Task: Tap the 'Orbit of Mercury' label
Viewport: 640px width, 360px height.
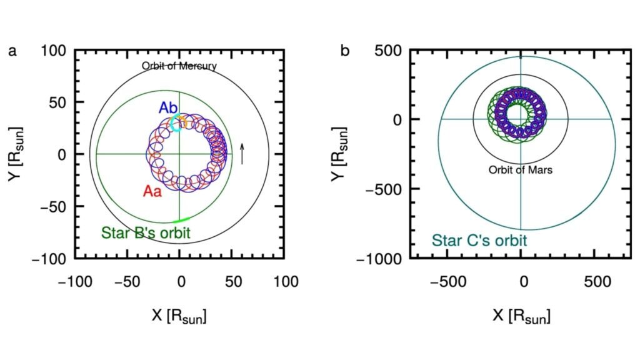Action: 179,66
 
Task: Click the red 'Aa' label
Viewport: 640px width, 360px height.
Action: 152,191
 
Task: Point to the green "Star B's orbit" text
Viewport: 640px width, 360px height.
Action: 146,233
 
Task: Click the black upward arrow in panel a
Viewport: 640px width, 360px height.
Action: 242,153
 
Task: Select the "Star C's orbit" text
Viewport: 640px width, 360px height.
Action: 478,240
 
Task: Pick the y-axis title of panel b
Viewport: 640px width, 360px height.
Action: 352,154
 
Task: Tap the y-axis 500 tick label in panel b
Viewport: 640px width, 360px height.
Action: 387,51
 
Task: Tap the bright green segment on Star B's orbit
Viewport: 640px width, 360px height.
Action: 180,220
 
